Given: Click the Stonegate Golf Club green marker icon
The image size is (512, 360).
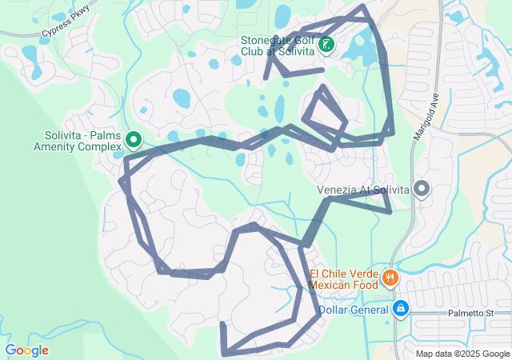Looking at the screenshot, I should coord(326,45).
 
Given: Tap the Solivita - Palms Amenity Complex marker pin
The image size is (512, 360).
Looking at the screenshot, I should coord(134,141).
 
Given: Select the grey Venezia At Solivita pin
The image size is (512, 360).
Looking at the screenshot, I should coord(422,190).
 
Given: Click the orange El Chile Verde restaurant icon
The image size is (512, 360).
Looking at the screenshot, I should coord(390,278).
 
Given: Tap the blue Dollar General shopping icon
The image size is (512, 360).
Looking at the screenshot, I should coord(401,308).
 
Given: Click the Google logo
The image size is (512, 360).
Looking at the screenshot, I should coord(26,350).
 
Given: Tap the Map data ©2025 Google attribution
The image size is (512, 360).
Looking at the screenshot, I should coord(462,354).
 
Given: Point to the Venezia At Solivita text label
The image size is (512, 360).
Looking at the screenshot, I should coord(362,190).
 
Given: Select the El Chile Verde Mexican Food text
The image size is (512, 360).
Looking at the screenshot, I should coord(344,278).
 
